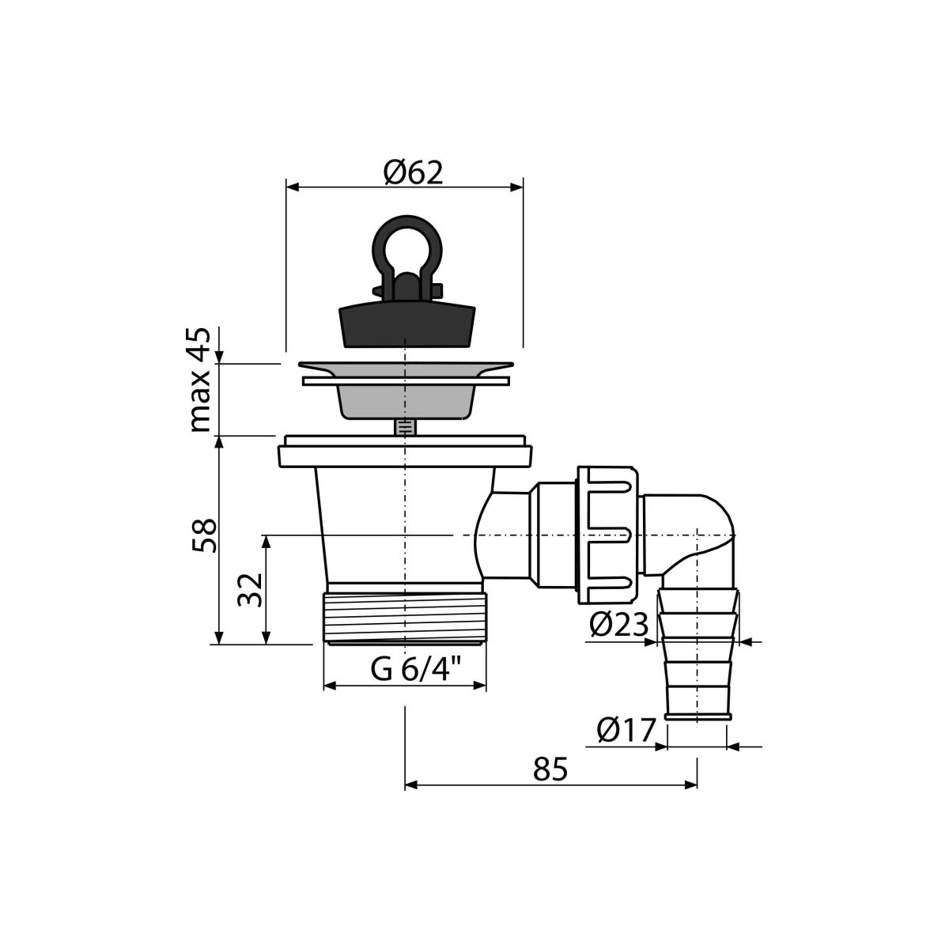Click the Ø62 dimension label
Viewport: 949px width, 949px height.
click(x=413, y=173)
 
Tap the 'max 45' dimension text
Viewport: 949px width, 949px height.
click(x=200, y=380)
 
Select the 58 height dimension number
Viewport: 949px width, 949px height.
click(x=204, y=536)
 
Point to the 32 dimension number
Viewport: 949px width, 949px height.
click(x=250, y=589)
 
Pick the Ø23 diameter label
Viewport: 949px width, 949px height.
click(x=619, y=626)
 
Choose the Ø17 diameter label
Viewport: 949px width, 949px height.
click(x=626, y=731)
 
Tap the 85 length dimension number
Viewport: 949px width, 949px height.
click(x=550, y=769)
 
